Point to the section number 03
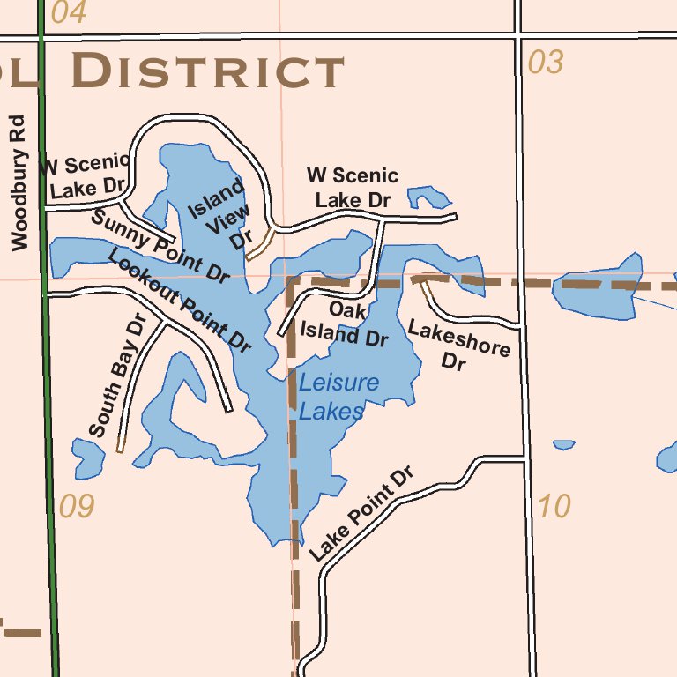click(545, 63)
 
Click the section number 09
click(77, 507)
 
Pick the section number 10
click(554, 507)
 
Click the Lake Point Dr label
click(361, 515)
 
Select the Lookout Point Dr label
click(180, 297)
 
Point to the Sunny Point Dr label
click(160, 246)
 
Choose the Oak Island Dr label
click(345, 324)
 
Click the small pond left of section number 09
click(88, 458)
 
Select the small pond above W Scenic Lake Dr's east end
click(429, 196)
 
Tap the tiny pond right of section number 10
click(563, 444)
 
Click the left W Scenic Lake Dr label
click(86, 175)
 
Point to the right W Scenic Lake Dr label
click(353, 188)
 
